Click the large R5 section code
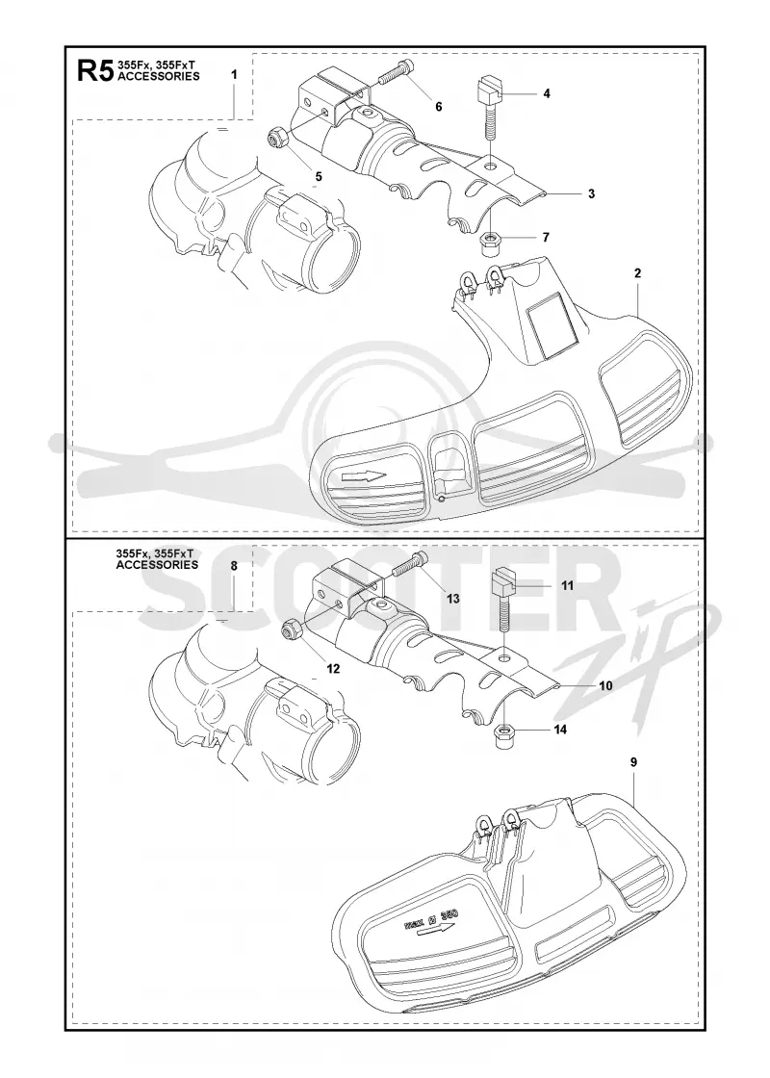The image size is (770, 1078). pos(95,71)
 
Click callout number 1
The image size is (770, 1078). pos(234,74)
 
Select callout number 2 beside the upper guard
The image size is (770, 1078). pos(637,273)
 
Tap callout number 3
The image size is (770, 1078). pos(591,193)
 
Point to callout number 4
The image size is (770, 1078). pos(547,93)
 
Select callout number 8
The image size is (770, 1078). pos(234,567)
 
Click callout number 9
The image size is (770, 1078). pos(633,761)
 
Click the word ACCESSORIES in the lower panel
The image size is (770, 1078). pos(158,565)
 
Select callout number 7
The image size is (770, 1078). pos(546,238)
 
